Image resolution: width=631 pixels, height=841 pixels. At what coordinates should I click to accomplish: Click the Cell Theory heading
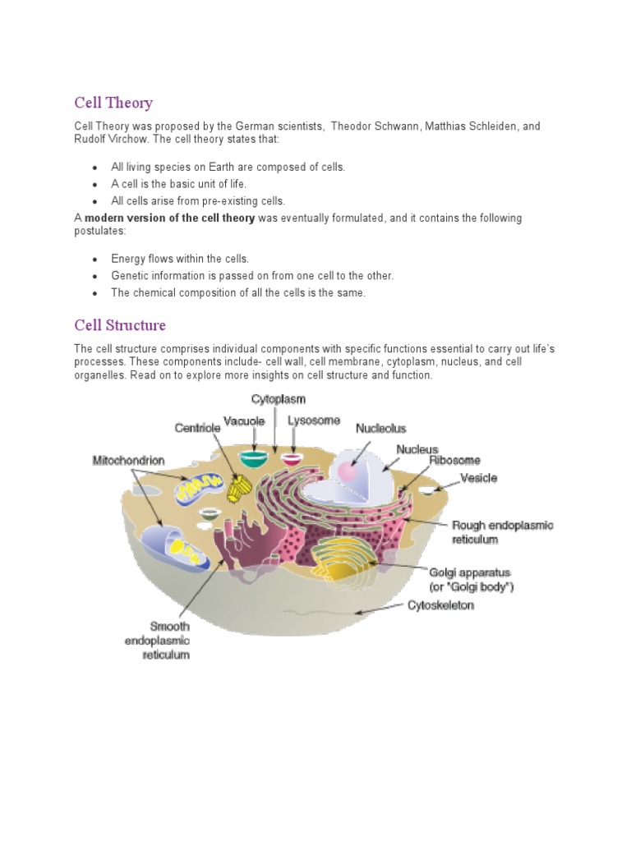113,103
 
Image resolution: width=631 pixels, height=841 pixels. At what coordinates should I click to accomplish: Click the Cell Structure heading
120,325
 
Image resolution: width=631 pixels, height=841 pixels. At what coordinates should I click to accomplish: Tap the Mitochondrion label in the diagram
128,462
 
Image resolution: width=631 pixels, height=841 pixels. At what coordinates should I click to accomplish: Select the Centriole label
196,428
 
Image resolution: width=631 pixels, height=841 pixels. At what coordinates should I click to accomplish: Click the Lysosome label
314,420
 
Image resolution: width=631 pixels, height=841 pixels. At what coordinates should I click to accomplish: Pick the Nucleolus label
380,428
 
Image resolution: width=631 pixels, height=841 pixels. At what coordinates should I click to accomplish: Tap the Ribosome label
454,461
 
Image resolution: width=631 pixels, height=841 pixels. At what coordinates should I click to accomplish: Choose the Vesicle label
478,477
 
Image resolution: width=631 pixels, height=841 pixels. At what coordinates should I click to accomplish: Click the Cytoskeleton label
440,606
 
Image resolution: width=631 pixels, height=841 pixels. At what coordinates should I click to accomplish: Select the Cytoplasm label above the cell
278,399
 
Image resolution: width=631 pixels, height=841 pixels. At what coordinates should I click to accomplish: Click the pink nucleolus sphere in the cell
346,472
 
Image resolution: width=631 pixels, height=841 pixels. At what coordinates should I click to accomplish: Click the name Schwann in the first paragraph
396,126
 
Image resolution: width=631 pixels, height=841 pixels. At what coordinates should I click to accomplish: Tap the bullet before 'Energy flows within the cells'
95,259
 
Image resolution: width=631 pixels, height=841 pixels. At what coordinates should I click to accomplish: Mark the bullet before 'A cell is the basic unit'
95,184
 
